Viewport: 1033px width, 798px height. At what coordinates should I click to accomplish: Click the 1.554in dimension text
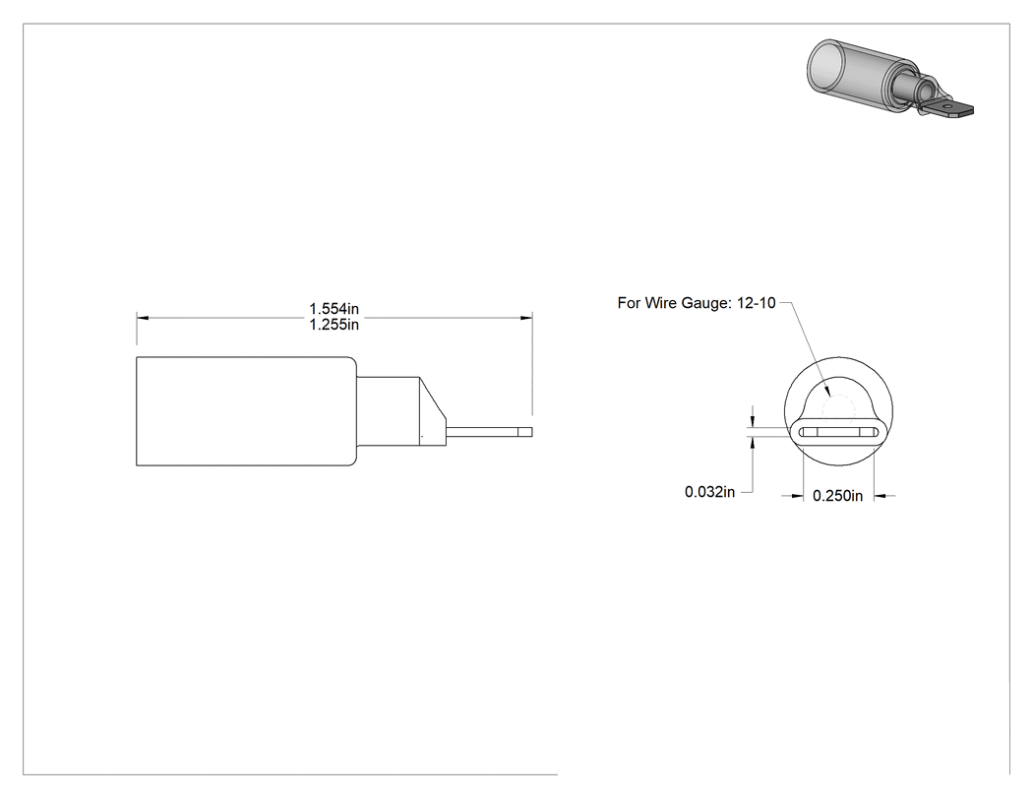334,308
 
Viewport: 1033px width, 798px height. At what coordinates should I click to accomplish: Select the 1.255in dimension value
334,324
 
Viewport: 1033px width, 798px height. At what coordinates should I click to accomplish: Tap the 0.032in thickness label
709,492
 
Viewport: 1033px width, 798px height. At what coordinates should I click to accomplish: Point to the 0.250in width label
837,496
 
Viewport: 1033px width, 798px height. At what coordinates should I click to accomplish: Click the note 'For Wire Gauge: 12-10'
697,303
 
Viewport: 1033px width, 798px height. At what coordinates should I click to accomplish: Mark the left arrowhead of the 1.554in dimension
143,318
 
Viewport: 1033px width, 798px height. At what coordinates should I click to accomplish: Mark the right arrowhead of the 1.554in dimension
526,318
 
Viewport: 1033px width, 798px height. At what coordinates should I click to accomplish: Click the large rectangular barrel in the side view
246,411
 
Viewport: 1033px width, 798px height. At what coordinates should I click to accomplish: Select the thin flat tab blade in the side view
489,432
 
